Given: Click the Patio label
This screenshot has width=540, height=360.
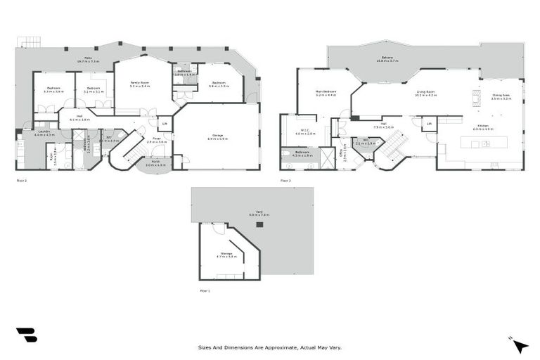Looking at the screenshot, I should [x=89, y=58].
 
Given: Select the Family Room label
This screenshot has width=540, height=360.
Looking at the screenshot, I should [x=141, y=84].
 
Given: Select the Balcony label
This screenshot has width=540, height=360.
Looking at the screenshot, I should [x=387, y=59].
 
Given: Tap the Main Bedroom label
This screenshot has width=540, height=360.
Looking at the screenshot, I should [x=326, y=93].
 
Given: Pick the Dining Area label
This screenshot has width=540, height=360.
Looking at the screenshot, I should [x=501, y=97].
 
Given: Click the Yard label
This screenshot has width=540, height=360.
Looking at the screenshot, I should [x=259, y=213].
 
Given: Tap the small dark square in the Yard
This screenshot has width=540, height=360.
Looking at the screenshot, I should [x=260, y=225].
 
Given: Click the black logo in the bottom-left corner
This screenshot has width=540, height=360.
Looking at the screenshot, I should [x=26, y=335].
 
